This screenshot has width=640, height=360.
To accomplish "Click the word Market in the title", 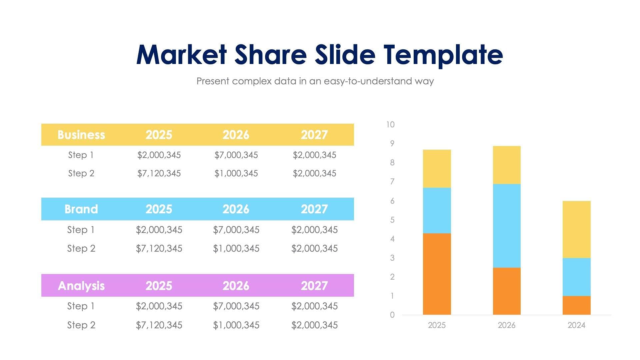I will click(182, 55).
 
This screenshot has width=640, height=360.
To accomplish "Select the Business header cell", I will click(81, 135).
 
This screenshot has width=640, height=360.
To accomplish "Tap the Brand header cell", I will click(81, 209).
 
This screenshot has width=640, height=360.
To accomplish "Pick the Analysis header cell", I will click(81, 286).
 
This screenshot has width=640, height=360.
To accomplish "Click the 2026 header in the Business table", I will click(236, 135).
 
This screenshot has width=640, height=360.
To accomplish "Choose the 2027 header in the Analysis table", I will click(314, 286).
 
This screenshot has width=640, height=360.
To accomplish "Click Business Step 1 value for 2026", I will click(236, 155).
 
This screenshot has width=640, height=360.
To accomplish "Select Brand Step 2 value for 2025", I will click(159, 248).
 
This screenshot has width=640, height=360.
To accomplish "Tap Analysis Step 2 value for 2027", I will click(314, 325).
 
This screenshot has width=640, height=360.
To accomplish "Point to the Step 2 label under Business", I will click(81, 173).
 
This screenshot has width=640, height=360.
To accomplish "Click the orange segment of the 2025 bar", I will click(437, 274).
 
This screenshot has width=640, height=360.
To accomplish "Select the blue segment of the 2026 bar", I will click(506, 226).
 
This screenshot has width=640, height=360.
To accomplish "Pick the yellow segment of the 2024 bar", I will click(576, 229).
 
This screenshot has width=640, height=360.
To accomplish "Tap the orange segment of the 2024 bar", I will click(576, 305).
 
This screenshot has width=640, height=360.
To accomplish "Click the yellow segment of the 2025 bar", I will click(437, 169).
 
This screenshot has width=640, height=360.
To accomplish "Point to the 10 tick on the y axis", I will click(390, 125).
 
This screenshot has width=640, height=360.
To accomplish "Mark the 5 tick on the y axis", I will click(392, 220).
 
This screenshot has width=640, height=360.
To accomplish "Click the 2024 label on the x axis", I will click(576, 325).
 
